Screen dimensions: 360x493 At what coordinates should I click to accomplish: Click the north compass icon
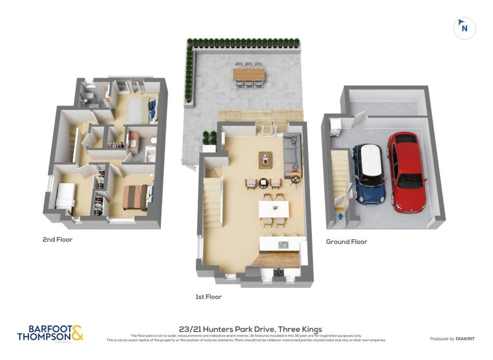click(x=465, y=28)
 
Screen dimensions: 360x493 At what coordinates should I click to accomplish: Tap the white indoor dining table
click(x=274, y=209)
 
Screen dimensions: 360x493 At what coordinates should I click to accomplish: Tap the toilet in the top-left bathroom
click(x=88, y=95)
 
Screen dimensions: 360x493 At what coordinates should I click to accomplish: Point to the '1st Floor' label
click(x=208, y=297)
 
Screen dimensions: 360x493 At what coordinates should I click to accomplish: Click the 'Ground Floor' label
click(x=346, y=242)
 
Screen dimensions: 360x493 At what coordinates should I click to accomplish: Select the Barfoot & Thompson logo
click(x=50, y=333)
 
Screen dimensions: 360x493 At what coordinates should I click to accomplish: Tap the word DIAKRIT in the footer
click(x=468, y=338)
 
